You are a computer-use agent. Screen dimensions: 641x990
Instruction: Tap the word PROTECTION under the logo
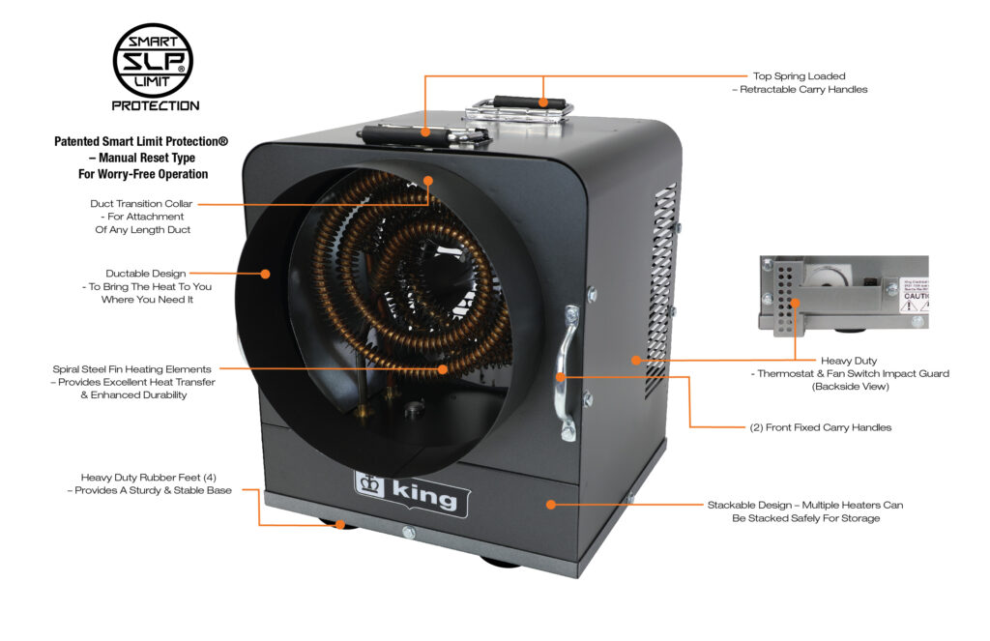click(x=155, y=105)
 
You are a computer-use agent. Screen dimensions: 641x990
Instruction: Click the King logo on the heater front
click(x=406, y=492)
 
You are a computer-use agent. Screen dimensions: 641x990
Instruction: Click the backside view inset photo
click(x=843, y=293)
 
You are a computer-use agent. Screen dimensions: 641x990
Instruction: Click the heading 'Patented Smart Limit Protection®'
click(x=141, y=142)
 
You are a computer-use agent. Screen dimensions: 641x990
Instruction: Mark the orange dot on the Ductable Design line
click(x=265, y=274)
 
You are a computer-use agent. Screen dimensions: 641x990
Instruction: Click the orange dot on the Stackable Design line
click(x=550, y=504)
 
